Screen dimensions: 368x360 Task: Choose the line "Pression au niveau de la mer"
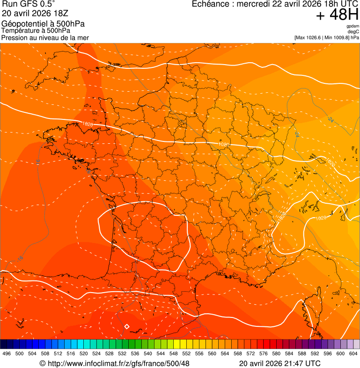pos(45,37)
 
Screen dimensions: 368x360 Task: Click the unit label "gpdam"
pos(353,26)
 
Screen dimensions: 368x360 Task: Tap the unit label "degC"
pos(353,32)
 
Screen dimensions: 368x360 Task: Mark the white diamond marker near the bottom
pos(126,326)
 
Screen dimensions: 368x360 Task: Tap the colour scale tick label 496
pos(7,353)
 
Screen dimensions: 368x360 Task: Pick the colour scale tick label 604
pos(353,353)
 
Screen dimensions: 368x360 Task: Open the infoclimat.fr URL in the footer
pos(118,363)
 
